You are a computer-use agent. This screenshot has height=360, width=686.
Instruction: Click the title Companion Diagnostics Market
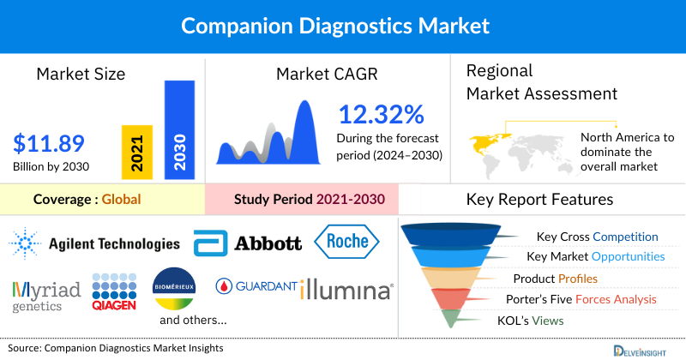click(342, 26)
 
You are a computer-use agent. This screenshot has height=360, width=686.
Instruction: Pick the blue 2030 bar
click(178, 129)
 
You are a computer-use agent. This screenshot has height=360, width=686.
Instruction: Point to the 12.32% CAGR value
click(381, 114)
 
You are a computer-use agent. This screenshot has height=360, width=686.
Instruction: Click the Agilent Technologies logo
click(95, 244)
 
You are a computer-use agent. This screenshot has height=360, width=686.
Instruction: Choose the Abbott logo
click(248, 243)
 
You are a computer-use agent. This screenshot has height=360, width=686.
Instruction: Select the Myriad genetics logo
click(47, 294)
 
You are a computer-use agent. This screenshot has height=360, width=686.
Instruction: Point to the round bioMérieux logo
click(175, 291)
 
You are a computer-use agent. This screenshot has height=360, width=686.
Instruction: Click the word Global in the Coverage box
click(121, 200)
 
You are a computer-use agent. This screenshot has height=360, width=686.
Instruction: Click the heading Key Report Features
click(539, 200)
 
